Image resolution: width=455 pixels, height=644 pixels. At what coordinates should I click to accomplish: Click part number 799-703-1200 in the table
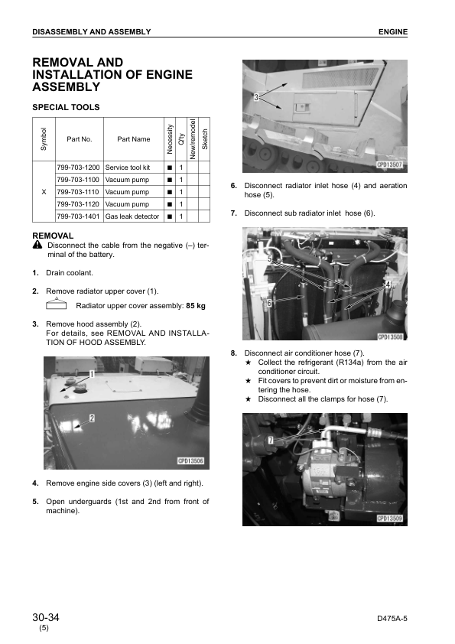click(78, 168)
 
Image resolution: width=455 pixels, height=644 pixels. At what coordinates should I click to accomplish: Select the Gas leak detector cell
click(132, 216)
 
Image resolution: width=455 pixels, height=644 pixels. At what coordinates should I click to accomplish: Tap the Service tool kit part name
click(127, 168)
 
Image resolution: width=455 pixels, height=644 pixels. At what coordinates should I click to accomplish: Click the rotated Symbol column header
click(44, 139)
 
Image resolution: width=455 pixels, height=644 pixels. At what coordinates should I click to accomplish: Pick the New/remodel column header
click(193, 139)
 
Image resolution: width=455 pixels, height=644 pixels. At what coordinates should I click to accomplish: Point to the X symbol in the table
click(44, 192)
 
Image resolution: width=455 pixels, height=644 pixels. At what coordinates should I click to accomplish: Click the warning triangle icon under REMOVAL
click(37, 246)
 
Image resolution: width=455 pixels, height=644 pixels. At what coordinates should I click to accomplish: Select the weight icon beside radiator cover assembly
click(57, 304)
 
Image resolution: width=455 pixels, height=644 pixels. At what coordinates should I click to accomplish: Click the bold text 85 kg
click(196, 306)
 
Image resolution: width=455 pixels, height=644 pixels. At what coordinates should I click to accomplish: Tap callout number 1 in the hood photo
click(92, 374)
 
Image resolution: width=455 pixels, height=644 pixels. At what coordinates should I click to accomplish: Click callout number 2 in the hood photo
click(92, 418)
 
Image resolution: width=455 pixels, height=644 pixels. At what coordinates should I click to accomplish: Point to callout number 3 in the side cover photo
click(256, 97)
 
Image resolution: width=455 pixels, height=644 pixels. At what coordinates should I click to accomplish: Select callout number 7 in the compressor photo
click(271, 441)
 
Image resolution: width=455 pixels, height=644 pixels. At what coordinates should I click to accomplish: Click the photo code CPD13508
click(390, 337)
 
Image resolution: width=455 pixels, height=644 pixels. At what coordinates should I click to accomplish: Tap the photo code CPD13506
click(190, 461)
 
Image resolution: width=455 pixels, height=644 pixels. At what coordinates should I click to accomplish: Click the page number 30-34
click(46, 617)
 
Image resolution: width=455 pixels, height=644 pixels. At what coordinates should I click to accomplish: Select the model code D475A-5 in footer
click(392, 619)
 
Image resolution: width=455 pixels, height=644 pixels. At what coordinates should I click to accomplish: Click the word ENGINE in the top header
click(393, 32)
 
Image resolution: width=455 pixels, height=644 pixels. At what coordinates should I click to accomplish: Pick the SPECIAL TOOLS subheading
click(66, 108)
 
